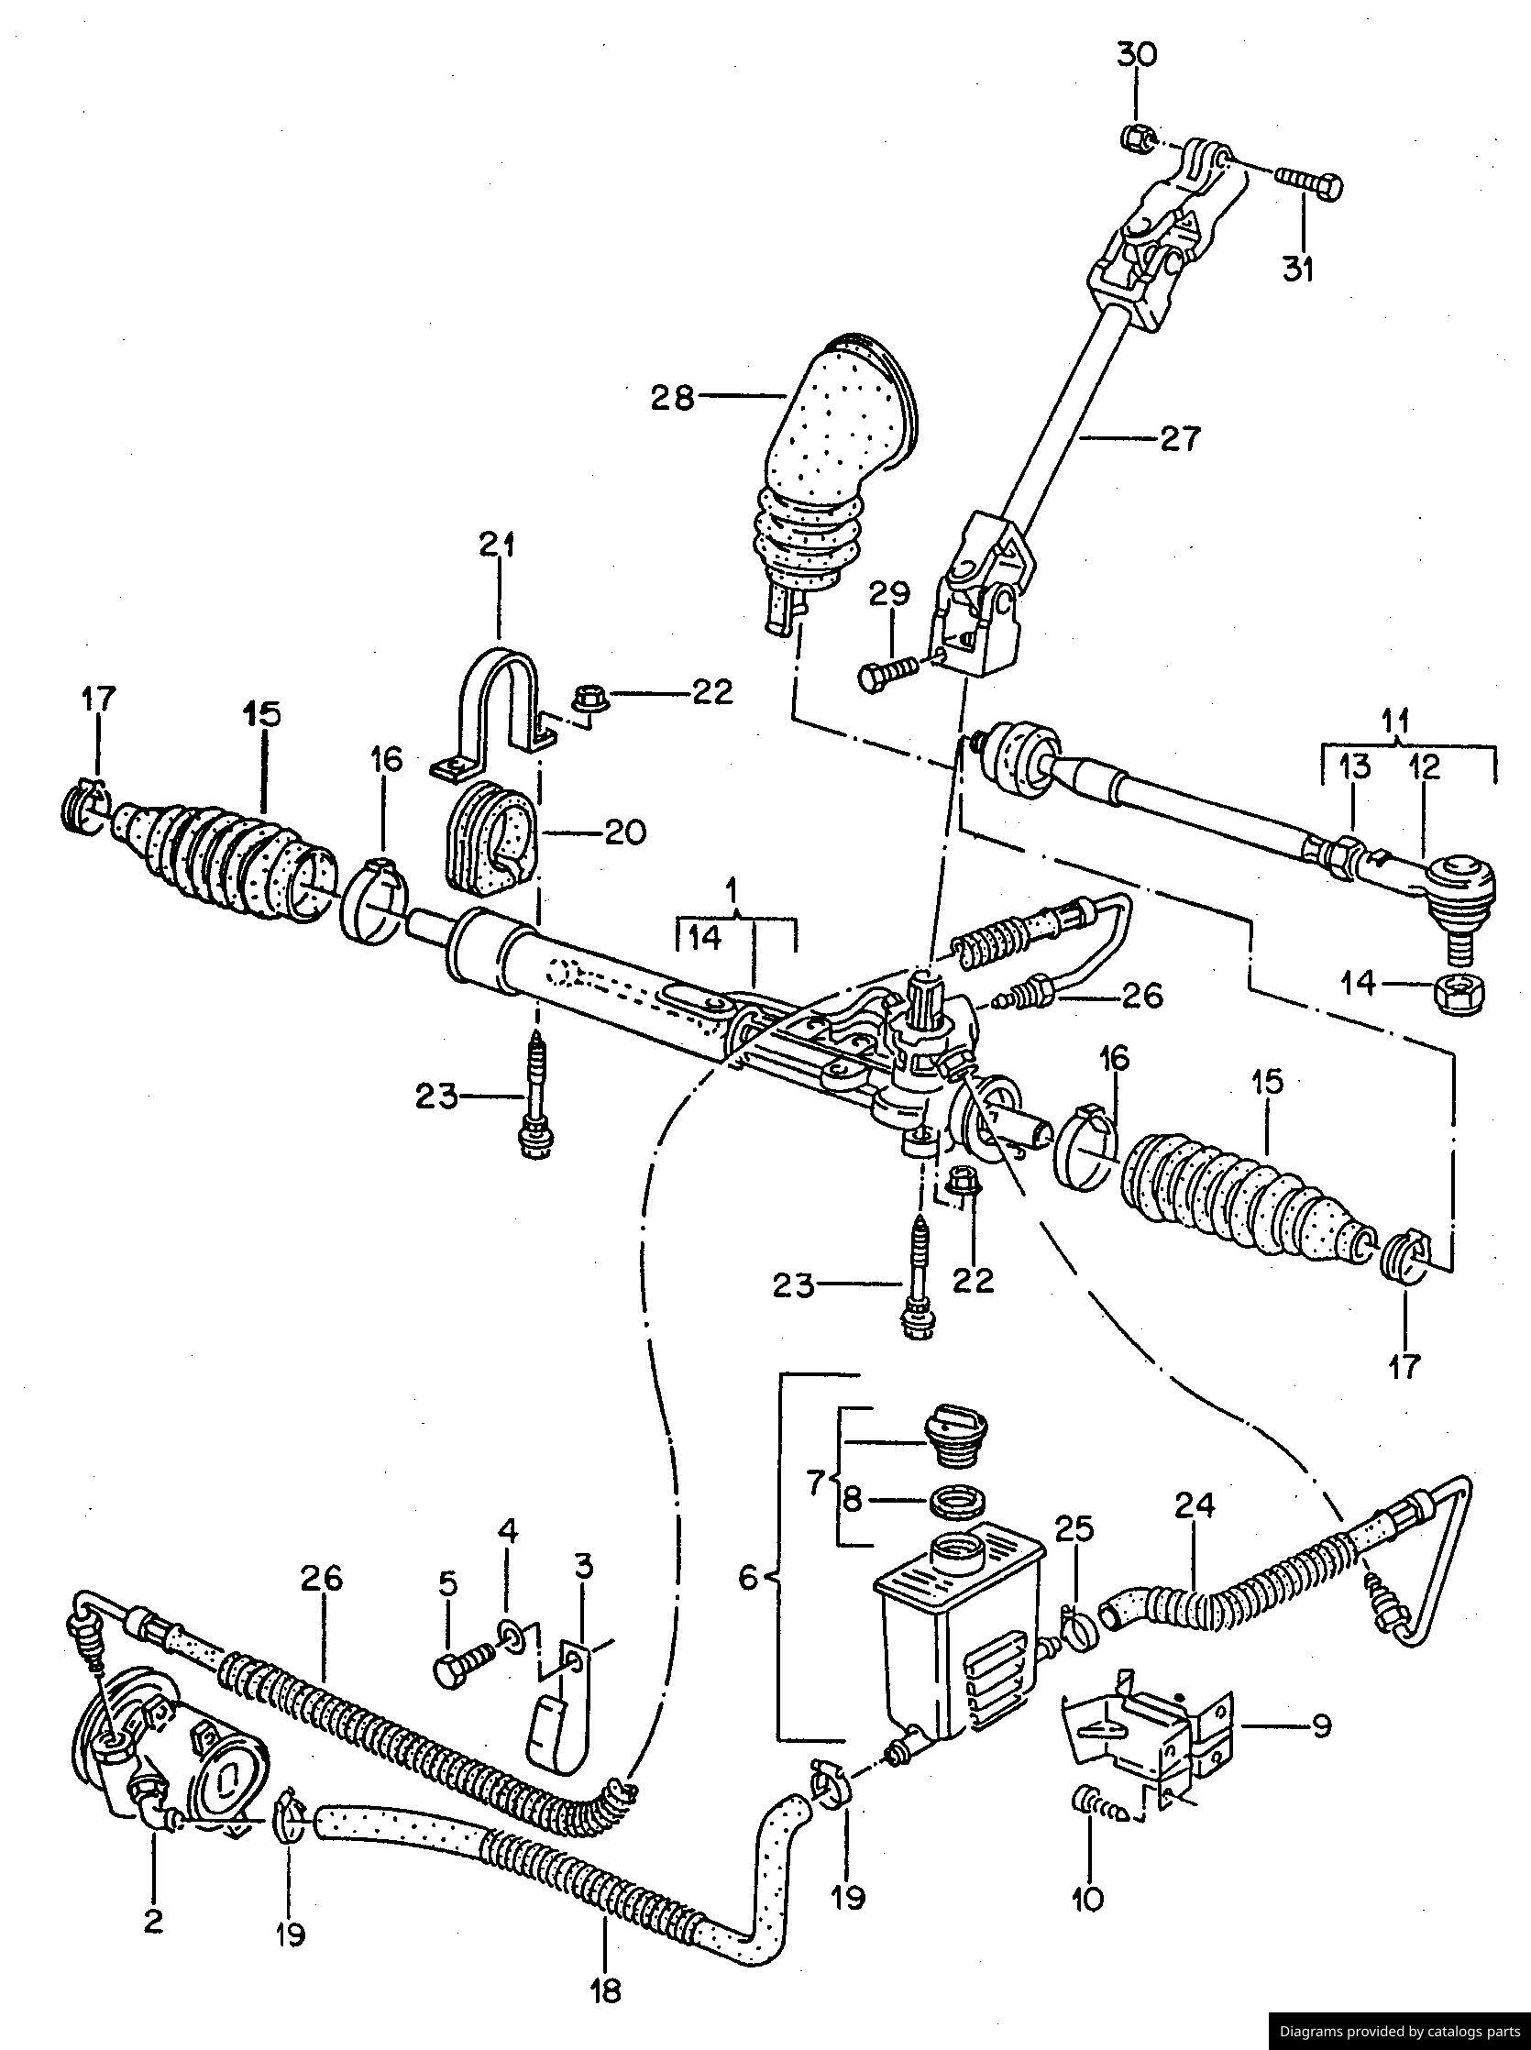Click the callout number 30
[1136, 56]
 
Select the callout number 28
[672, 399]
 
